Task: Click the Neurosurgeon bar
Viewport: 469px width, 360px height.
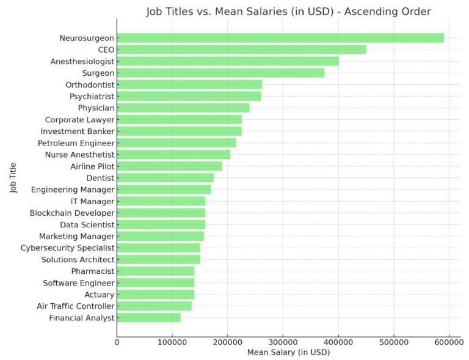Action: click(x=280, y=38)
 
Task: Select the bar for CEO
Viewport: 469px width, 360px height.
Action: click(x=241, y=50)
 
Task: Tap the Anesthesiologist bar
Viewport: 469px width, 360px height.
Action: click(x=227, y=61)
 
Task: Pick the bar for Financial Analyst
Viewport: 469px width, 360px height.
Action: click(x=148, y=317)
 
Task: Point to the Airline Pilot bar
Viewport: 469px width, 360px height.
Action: click(x=169, y=166)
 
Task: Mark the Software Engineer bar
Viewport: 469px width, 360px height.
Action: click(x=155, y=282)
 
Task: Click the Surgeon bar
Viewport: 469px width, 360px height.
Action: click(x=220, y=73)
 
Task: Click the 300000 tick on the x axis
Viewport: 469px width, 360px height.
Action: click(x=283, y=342)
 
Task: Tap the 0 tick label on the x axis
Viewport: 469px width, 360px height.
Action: click(x=117, y=342)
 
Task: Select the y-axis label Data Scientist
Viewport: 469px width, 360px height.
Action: click(x=87, y=224)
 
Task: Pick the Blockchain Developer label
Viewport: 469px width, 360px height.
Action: click(x=72, y=213)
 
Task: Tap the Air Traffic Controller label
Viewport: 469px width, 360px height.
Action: click(x=75, y=306)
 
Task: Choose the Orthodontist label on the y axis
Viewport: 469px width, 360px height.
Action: click(x=90, y=84)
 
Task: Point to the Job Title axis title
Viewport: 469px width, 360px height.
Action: click(x=13, y=178)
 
